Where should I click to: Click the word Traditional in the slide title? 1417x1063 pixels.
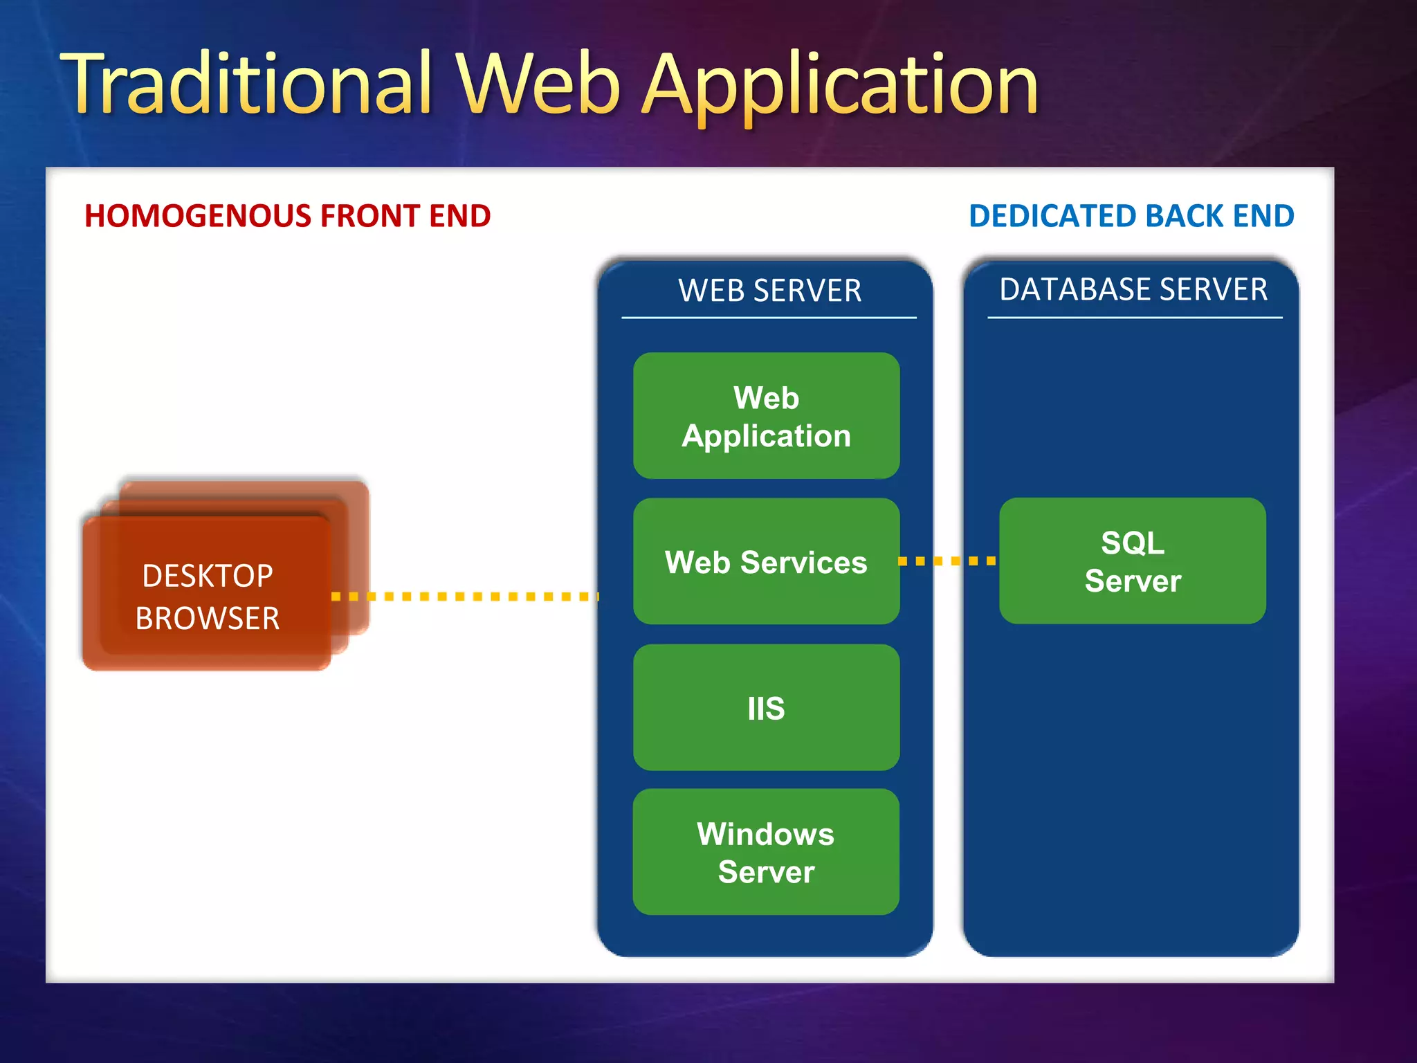tap(246, 84)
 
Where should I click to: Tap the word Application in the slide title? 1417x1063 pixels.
tap(841, 87)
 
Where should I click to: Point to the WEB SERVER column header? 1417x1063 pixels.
tap(769, 291)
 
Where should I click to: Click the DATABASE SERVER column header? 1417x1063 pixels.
tap(1133, 289)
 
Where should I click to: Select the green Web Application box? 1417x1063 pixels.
tap(766, 416)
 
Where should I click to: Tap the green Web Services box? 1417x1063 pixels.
tap(766, 561)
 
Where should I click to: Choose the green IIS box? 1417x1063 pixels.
tap(766, 707)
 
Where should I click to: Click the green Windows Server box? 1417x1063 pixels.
tap(766, 852)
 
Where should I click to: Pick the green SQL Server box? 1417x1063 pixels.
tap(1133, 561)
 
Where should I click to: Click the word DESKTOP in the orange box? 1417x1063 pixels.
tap(208, 576)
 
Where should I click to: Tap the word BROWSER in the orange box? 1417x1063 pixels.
tap(208, 618)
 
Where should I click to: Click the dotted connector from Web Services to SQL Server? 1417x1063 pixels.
tap(948, 561)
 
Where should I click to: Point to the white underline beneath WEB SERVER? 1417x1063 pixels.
tap(769, 318)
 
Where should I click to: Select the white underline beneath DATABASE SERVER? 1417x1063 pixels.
tap(1135, 318)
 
